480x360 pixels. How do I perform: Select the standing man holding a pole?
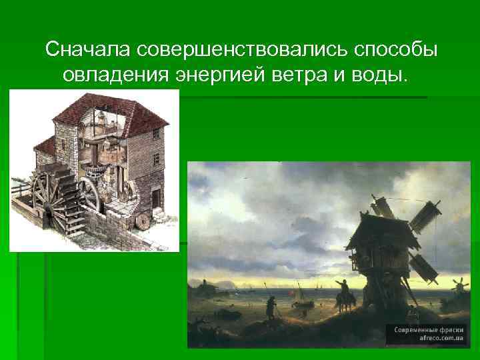(x=270, y=309)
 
